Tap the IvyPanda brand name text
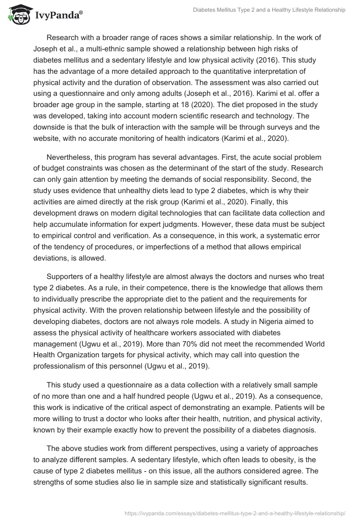[x=58, y=14]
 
